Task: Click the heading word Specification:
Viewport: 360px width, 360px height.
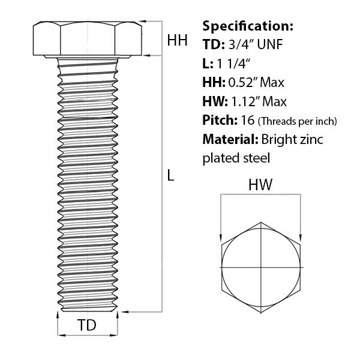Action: tap(248, 26)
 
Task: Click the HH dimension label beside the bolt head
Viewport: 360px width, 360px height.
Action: tap(177, 41)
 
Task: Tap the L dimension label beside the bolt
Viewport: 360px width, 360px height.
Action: tap(171, 176)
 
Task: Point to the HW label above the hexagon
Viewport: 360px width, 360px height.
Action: tap(261, 186)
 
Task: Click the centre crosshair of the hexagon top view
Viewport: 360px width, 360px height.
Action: tap(261, 266)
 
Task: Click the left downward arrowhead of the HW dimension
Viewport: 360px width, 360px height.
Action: tap(221, 236)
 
